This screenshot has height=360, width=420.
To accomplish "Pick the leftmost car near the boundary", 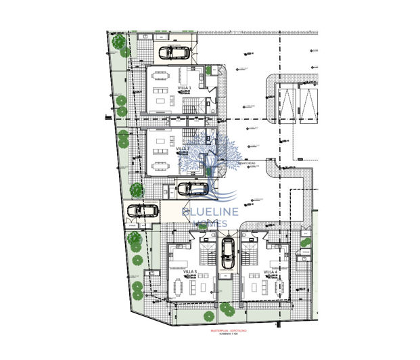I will point(142,210).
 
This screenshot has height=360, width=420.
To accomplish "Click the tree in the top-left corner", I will point(119,42).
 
